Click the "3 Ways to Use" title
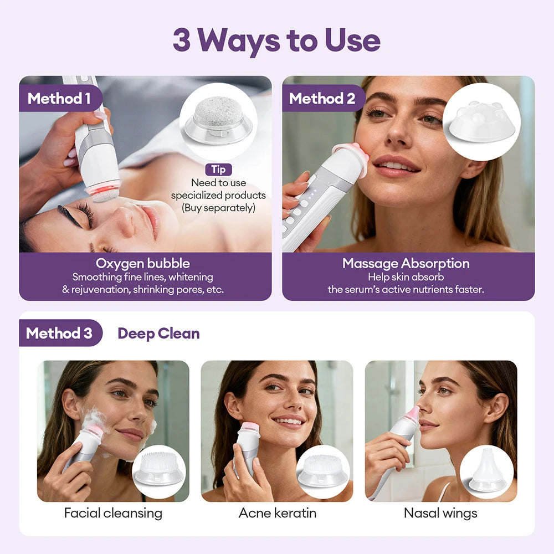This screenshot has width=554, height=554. [x=276, y=40]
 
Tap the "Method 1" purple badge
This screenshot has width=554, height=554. [x=59, y=99]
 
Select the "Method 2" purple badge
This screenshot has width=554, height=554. [x=322, y=99]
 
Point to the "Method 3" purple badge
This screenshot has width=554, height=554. [x=59, y=333]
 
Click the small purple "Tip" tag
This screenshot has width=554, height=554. [x=218, y=170]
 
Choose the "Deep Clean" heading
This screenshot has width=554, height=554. [x=158, y=333]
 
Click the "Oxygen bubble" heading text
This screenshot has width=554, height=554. [x=143, y=263]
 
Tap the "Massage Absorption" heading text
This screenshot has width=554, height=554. [x=406, y=263]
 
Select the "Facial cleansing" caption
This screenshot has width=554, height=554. [x=113, y=513]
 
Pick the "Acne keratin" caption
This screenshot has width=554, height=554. [x=277, y=513]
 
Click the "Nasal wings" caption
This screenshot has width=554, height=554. [x=440, y=513]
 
